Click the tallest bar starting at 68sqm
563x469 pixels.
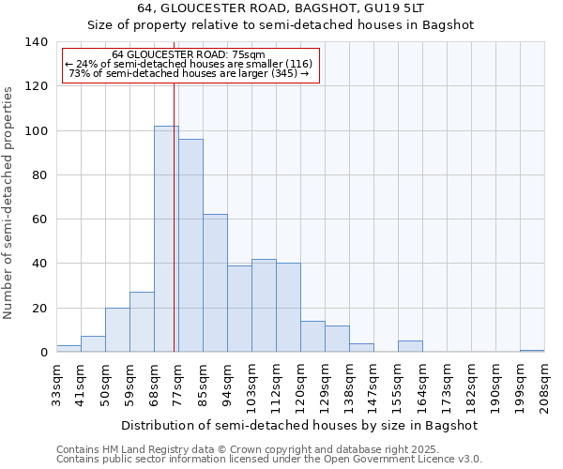[166, 239]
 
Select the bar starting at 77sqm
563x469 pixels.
[190, 246]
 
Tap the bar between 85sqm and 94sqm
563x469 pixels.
[215, 283]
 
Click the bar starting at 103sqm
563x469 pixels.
[264, 306]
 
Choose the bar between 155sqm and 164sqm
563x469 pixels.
[410, 347]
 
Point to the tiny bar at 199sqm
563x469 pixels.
[532, 351]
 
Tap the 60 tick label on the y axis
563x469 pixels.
[39, 219]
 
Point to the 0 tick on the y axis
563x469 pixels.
[43, 353]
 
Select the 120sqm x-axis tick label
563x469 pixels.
[301, 384]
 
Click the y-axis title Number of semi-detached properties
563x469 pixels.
[8, 202]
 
